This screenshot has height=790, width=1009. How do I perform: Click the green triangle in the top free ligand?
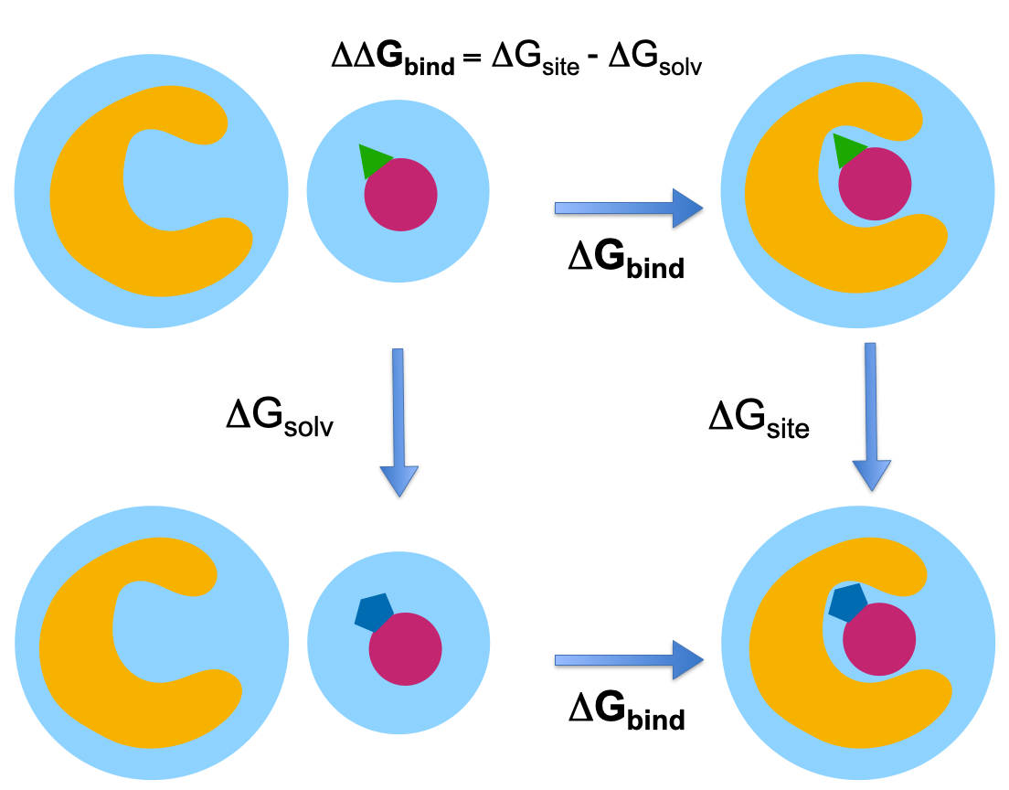click(x=373, y=161)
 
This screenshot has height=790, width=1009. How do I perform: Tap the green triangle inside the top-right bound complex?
click(x=848, y=150)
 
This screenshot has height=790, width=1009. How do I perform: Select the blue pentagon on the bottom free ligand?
click(x=374, y=612)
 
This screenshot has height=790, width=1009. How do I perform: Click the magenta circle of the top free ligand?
click(x=401, y=195)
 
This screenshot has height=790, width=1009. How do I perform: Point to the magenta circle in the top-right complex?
click(x=875, y=183)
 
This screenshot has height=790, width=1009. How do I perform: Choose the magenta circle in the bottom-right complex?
click(x=879, y=641)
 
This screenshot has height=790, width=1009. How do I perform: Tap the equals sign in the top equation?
click(x=473, y=59)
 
